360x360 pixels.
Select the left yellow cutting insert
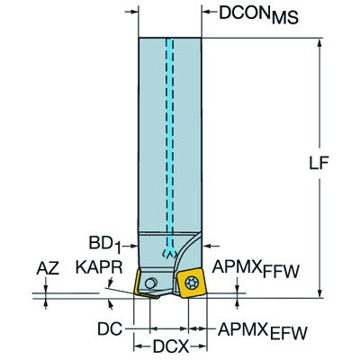pyautogui.click(x=145, y=284)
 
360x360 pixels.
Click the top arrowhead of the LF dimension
pyautogui.click(x=319, y=43)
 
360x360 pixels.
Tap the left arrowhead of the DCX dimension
pyautogui.click(x=138, y=344)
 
